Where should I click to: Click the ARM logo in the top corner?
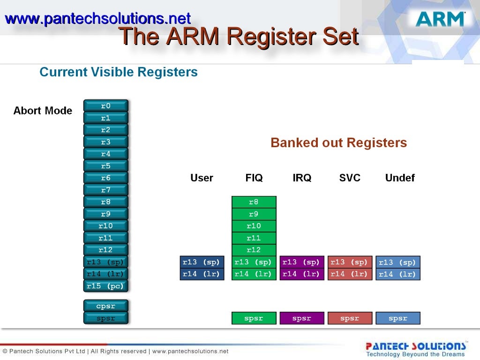(x=440, y=19)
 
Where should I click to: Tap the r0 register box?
(x=105, y=106)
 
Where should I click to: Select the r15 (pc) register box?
(x=105, y=285)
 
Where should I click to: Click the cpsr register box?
(x=105, y=306)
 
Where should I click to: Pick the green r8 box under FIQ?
(x=254, y=202)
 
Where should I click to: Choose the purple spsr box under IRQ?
(x=301, y=318)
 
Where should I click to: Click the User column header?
(x=202, y=178)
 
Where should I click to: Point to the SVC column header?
(x=350, y=178)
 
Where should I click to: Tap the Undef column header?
(x=400, y=178)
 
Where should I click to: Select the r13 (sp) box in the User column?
(x=202, y=262)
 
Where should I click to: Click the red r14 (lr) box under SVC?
(x=350, y=274)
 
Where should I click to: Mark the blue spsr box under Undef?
(x=398, y=318)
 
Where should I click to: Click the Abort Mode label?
(x=43, y=111)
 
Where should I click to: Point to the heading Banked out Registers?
(x=338, y=143)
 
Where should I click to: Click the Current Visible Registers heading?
(x=119, y=72)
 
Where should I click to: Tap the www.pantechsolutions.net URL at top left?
(x=97, y=19)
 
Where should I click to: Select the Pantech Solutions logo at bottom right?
(x=415, y=349)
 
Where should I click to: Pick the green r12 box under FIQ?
(x=254, y=250)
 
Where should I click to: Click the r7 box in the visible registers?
(x=105, y=190)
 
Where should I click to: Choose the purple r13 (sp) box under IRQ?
(x=301, y=262)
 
